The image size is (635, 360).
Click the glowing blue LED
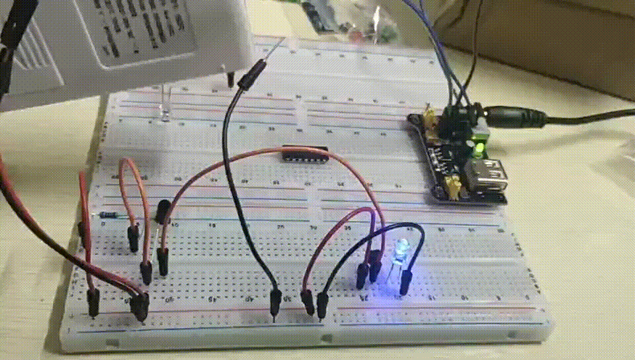click(x=400, y=250)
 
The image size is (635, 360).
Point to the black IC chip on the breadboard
click(x=306, y=154)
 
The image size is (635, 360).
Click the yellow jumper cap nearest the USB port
click(x=454, y=189)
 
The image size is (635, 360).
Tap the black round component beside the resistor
click(x=161, y=211)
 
